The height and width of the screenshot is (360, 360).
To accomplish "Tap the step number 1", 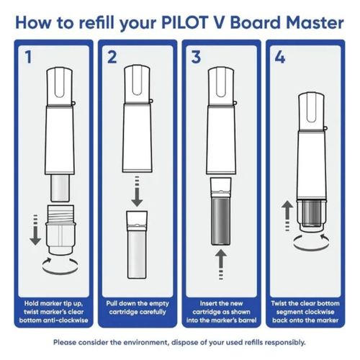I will [x=27, y=56].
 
